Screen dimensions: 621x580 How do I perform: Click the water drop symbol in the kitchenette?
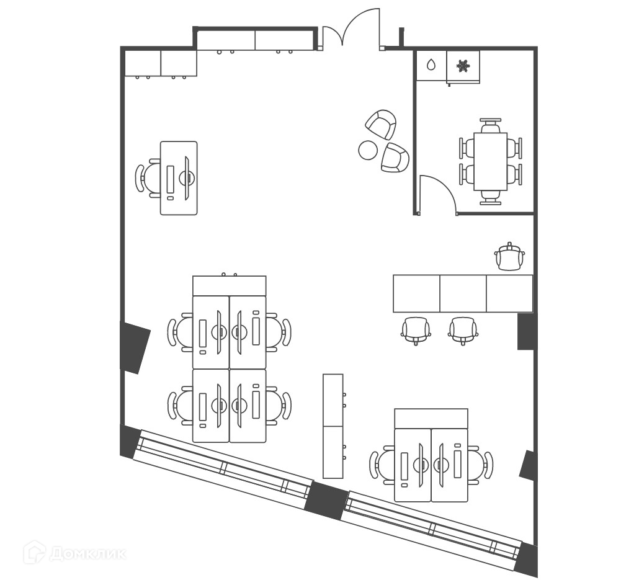point(431,65)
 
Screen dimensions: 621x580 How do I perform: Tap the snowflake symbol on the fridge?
point(463,65)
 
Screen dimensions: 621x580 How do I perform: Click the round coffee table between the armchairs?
point(369,149)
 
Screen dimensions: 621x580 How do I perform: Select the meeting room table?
point(490,161)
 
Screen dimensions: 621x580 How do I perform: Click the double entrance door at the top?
point(351,31)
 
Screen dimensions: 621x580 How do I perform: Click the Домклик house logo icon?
point(35,551)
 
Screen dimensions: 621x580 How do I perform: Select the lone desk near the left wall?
point(179,178)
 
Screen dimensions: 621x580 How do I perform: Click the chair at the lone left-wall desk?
point(148,178)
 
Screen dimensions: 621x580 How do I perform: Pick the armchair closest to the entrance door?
point(381,124)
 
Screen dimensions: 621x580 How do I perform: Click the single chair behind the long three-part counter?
point(509,257)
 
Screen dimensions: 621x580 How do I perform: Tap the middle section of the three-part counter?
point(463,293)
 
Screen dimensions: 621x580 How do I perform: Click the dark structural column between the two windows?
point(326,500)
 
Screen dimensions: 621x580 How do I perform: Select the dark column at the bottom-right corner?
point(527,558)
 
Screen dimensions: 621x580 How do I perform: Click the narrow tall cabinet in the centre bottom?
point(333,426)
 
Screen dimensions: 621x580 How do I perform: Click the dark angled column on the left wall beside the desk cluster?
point(134,347)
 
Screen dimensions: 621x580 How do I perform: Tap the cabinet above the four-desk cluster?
point(229,286)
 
